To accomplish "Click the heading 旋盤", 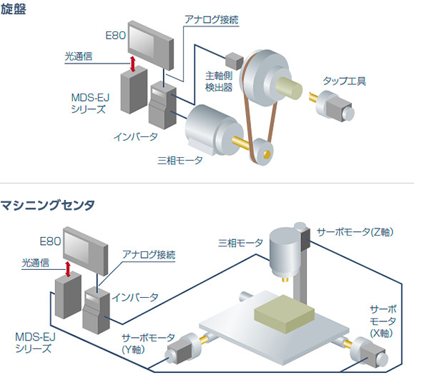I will tap(15, 10).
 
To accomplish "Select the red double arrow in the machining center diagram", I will tap(67, 270).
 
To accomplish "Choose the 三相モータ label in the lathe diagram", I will tap(180, 160).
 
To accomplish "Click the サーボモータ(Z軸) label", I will tap(355, 232).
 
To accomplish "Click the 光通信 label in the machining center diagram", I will tap(34, 263).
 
